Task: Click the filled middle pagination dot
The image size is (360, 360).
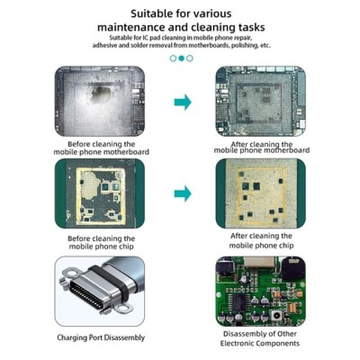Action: (181, 58)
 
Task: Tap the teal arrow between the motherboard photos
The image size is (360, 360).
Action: (183, 102)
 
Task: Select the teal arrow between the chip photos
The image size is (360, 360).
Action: (183, 193)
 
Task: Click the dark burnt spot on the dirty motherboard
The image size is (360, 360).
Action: (100, 94)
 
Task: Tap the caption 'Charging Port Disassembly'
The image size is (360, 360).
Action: (101, 337)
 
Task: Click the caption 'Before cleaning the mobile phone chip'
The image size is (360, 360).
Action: (101, 242)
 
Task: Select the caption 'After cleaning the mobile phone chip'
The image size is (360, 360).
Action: (261, 241)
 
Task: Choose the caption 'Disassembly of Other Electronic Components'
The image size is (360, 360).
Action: (260, 339)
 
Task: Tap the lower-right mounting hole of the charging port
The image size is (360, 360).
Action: (124, 308)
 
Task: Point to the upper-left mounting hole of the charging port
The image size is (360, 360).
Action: (71, 273)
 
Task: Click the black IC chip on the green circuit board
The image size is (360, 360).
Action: (238, 301)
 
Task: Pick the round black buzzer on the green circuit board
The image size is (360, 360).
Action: (293, 268)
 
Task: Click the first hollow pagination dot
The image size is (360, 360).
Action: (173, 58)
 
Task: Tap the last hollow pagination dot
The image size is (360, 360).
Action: (190, 58)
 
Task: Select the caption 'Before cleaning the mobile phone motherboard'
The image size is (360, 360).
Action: (101, 148)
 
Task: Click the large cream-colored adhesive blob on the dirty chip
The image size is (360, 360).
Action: (91, 185)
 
